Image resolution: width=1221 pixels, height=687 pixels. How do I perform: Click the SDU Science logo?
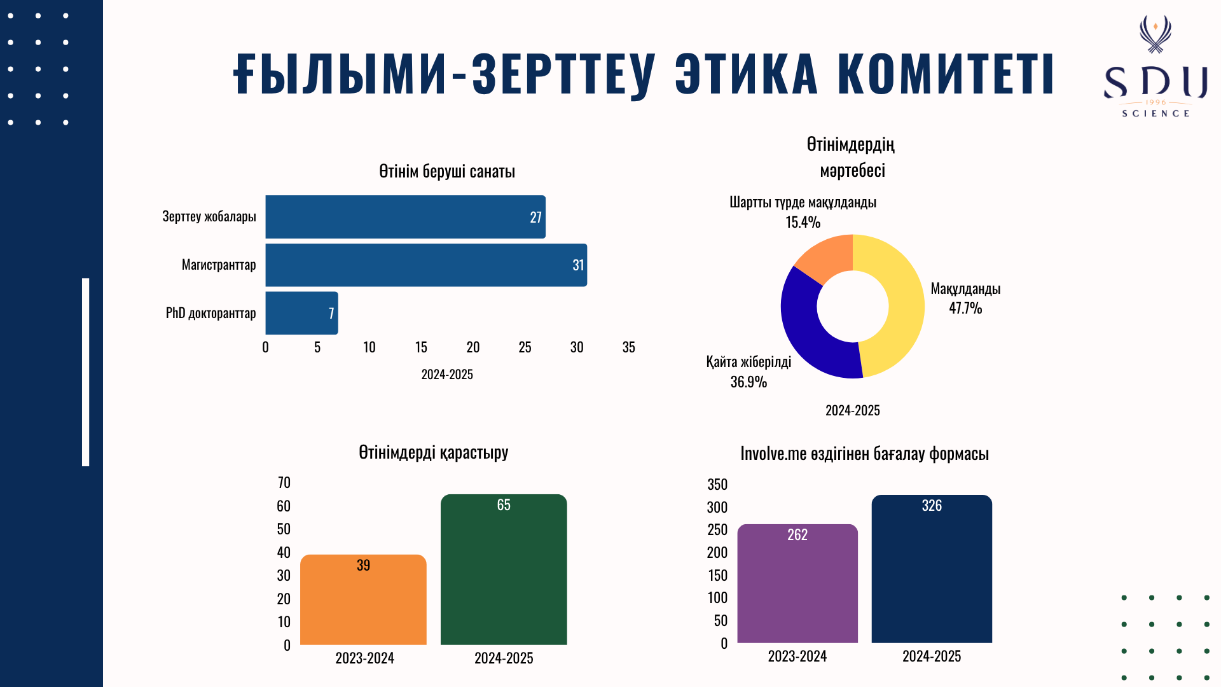[1155, 67]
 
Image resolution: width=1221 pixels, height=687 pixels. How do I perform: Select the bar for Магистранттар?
[425, 265]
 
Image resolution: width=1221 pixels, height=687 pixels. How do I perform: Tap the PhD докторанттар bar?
[301, 313]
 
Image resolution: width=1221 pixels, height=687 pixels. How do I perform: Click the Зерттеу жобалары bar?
[405, 217]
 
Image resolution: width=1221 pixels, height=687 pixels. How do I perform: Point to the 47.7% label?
[965, 309]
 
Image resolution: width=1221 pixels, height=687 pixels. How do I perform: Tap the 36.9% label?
[748, 382]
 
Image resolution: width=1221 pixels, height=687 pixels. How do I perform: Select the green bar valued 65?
[504, 570]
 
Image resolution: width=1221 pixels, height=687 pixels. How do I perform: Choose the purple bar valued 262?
[797, 584]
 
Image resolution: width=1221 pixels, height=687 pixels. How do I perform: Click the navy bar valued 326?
[932, 569]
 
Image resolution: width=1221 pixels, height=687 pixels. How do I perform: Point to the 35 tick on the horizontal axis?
[628, 347]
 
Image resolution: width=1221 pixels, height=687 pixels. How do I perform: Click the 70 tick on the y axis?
[284, 483]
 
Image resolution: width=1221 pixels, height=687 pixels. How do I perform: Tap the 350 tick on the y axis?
[717, 485]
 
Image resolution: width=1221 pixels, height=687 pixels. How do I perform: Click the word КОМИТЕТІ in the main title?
[946, 74]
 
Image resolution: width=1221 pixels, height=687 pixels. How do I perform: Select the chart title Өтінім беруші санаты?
[447, 172]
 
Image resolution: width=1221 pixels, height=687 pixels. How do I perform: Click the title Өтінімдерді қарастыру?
[434, 453]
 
